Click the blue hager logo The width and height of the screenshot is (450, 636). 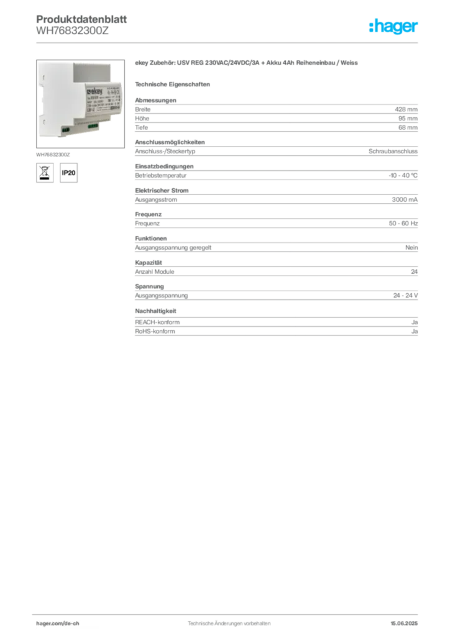click(x=393, y=27)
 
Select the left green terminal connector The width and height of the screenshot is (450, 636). click(x=64, y=129)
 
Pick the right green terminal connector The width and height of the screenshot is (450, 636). click(x=92, y=127)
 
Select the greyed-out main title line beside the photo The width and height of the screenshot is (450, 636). click(x=249, y=64)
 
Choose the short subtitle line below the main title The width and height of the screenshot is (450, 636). click(x=174, y=83)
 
